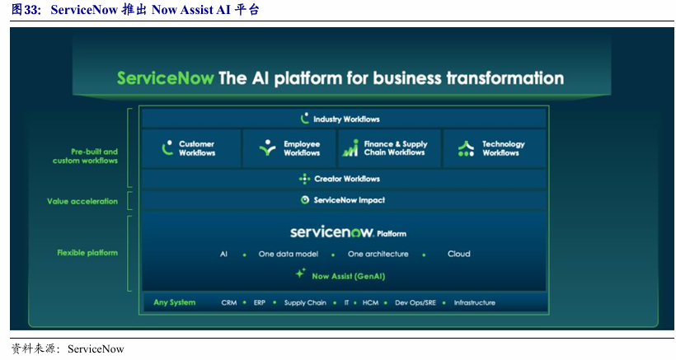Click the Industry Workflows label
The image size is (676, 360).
pyautogui.click(x=346, y=119)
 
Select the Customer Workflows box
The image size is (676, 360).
pyautogui.click(x=191, y=148)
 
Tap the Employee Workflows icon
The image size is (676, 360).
pyautogui.click(x=267, y=147)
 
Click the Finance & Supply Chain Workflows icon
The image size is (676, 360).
pyautogui.click(x=350, y=147)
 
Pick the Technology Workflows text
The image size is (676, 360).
pyautogui.click(x=503, y=148)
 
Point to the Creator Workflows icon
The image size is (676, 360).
pyautogui.click(x=304, y=179)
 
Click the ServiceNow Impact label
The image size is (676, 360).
pyautogui.click(x=350, y=200)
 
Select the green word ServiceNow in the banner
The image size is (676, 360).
pyautogui.click(x=165, y=78)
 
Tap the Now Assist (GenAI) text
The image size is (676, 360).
pyautogui.click(x=349, y=277)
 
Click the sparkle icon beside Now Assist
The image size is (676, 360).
pyautogui.click(x=301, y=273)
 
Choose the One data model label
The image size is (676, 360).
pyautogui.click(x=289, y=254)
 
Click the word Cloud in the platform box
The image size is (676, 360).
pyautogui.click(x=458, y=254)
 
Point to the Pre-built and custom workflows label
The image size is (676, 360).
pyautogui.click(x=86, y=156)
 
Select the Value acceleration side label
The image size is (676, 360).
pyautogui.click(x=82, y=201)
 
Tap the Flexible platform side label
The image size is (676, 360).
pyautogui.click(x=87, y=253)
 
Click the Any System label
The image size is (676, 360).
pyautogui.click(x=174, y=302)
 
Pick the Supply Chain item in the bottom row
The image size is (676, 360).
pyautogui.click(x=305, y=302)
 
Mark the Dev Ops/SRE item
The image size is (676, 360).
pyautogui.click(x=415, y=302)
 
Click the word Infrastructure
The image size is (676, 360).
pyautogui.click(x=474, y=302)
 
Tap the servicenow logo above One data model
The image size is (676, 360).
pyautogui.click(x=331, y=232)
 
